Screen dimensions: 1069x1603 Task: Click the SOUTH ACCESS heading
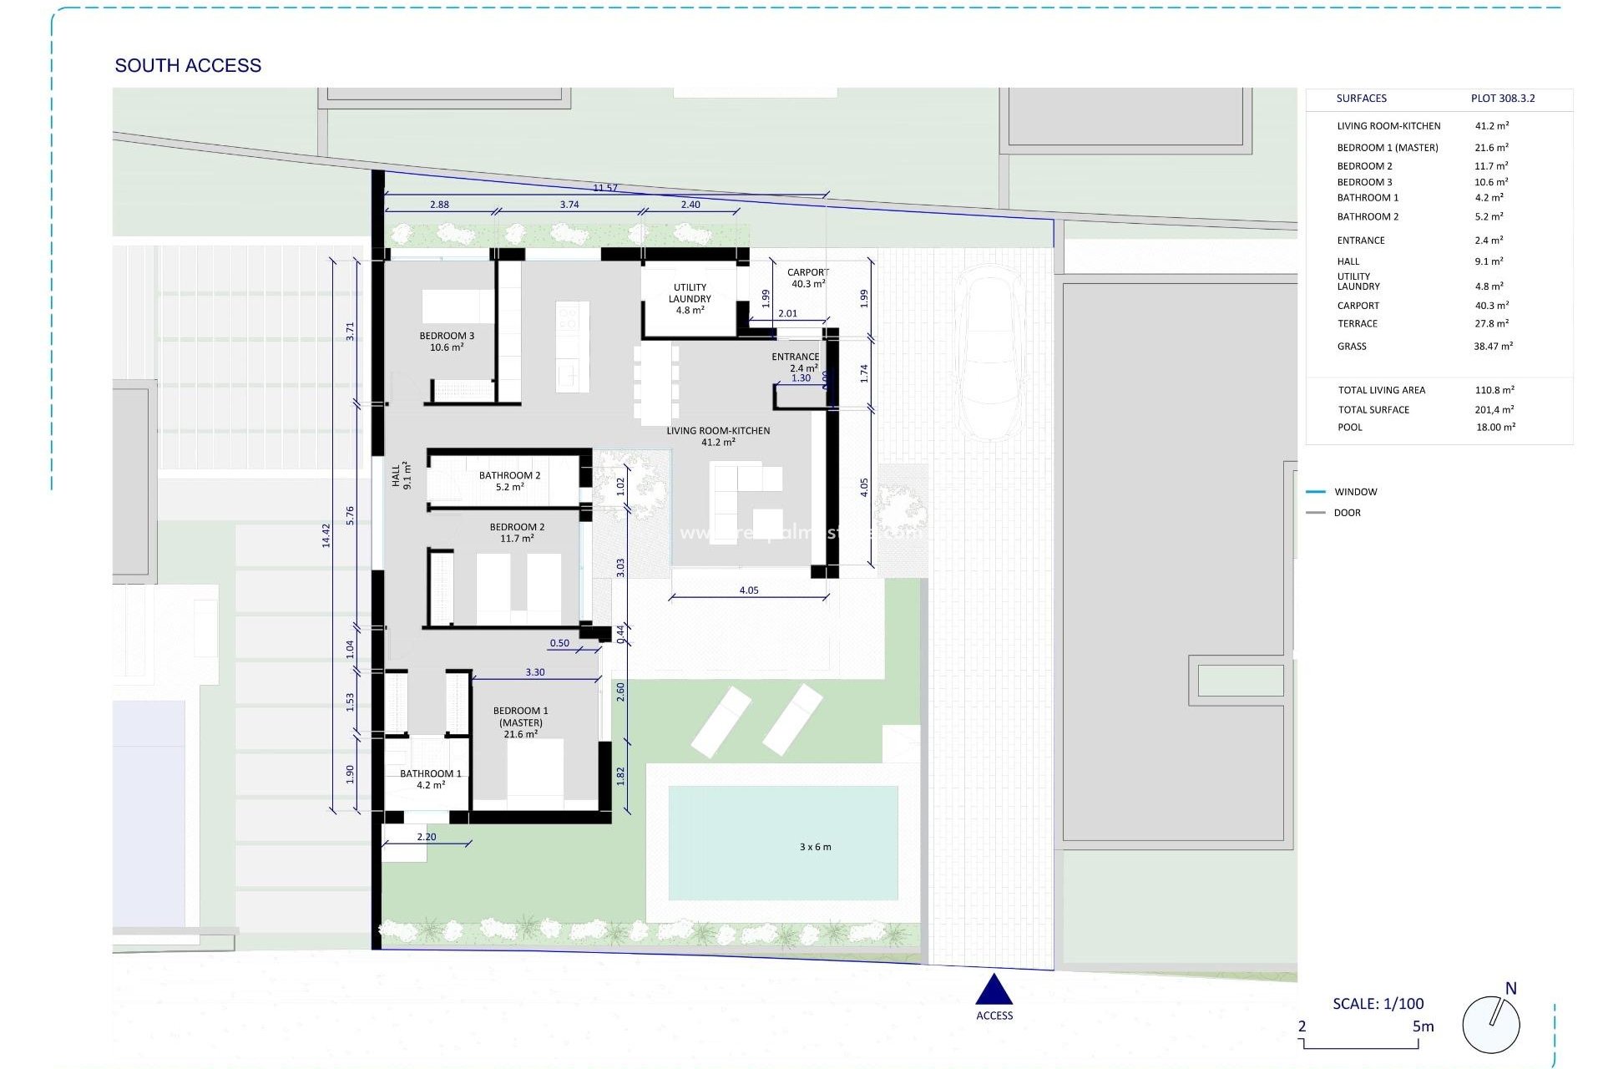tap(188, 65)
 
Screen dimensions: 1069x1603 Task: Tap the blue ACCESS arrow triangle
tap(994, 990)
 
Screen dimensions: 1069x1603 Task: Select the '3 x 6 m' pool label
tap(815, 847)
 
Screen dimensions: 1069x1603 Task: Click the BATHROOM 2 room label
tap(509, 481)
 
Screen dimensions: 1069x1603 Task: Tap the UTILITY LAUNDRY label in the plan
tap(690, 298)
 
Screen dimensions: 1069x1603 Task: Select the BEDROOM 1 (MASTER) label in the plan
tap(520, 722)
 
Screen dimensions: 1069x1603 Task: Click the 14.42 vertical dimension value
tap(326, 535)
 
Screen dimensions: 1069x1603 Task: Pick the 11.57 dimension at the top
tap(605, 188)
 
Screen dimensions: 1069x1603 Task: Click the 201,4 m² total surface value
tap(1494, 409)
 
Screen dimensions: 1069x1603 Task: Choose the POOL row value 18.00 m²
tap(1495, 427)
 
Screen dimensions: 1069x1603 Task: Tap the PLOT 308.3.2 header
tap(1502, 99)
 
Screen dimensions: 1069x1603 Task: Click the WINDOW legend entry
tap(1355, 492)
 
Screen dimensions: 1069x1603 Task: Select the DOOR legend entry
tap(1347, 513)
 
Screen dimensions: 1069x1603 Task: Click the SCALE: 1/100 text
tap(1378, 1004)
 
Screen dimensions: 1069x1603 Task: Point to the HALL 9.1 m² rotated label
tap(402, 475)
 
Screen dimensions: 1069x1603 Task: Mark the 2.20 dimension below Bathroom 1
tap(426, 837)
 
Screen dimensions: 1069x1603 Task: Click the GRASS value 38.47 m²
tap(1493, 346)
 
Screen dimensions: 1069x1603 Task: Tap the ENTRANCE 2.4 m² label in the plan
tap(795, 362)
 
